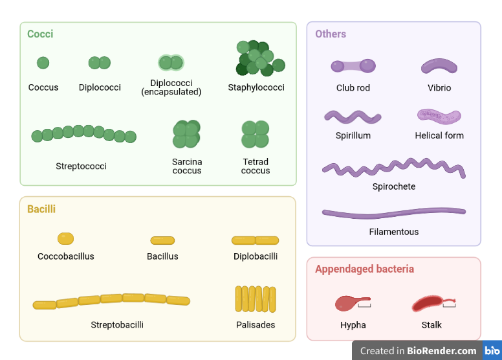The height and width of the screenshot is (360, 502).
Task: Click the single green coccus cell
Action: (43, 63)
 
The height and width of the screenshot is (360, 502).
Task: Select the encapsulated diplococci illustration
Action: (171, 63)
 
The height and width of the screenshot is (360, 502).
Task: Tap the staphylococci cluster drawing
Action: (259, 59)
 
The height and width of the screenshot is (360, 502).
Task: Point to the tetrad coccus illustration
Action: (255, 134)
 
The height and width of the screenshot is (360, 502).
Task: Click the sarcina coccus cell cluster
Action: (186, 134)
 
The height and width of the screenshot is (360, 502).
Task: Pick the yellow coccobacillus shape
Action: (65, 238)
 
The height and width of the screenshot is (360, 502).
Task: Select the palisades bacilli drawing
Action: (256, 299)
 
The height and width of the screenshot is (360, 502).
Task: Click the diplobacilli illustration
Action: (256, 240)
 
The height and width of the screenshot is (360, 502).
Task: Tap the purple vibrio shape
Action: (439, 66)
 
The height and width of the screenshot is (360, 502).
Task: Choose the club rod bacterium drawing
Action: (353, 65)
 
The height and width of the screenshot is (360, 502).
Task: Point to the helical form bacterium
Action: (439, 116)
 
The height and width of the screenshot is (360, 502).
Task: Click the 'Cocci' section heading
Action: (40, 34)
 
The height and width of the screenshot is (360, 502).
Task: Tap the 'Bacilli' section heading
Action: (41, 209)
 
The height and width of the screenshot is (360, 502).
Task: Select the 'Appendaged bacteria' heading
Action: (364, 269)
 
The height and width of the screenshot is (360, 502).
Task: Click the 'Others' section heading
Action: (331, 34)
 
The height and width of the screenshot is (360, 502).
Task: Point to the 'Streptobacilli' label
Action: (117, 324)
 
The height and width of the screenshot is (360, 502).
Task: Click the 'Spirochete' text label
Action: (394, 186)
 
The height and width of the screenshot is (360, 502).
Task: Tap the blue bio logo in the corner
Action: (492, 350)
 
